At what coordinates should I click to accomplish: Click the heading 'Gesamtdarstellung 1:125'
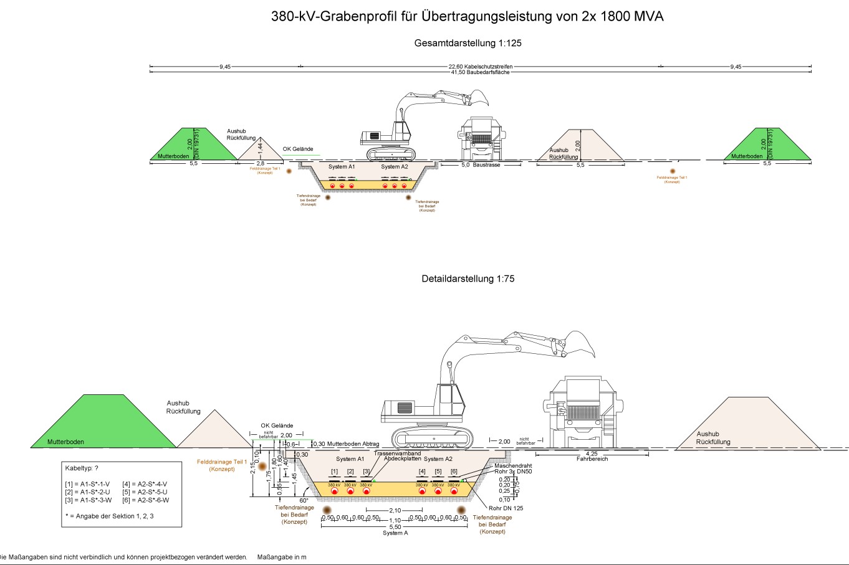pos(468,43)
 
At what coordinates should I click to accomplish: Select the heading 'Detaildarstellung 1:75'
pos(468,278)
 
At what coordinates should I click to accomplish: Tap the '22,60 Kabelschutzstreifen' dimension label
pos(480,67)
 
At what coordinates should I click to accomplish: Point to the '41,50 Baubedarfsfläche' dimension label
pos(480,72)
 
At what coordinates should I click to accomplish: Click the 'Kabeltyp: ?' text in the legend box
pos(82,468)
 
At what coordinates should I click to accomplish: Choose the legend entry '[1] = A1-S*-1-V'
pos(87,484)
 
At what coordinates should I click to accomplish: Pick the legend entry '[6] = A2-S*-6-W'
pos(145,500)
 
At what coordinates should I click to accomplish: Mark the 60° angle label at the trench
pos(304,500)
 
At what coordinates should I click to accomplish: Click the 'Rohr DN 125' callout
pos(506,508)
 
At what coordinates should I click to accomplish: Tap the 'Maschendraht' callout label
pos(513,465)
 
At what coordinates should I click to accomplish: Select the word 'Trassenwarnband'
pos(397,453)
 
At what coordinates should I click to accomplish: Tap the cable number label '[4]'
pos(422,472)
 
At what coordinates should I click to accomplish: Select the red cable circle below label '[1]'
pos(334,491)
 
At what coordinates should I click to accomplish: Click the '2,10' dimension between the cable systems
pos(395,511)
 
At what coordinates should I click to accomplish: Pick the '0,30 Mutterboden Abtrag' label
pos(345,444)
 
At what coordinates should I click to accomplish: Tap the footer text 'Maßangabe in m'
pos(282,557)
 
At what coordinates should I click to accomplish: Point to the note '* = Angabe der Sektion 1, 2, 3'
pos(109,516)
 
